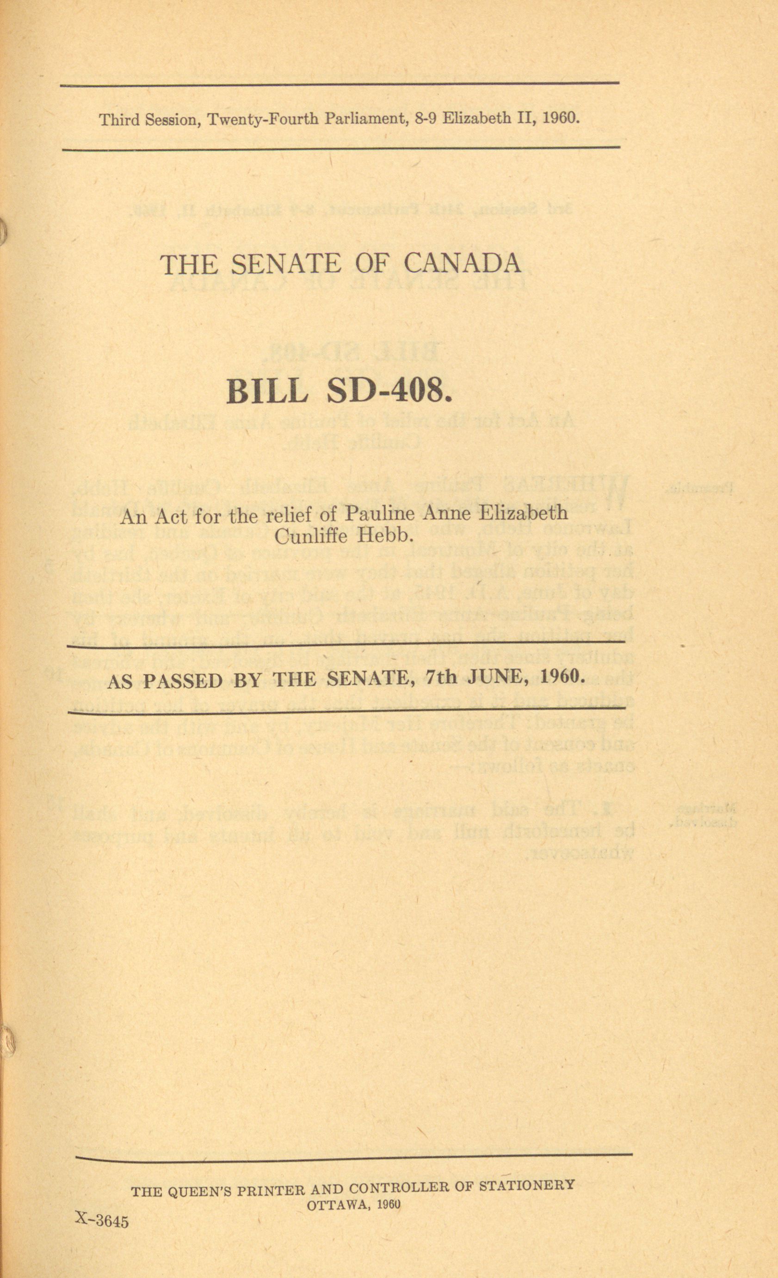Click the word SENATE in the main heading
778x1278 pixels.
(285, 265)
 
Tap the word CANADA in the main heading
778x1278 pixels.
(462, 265)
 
